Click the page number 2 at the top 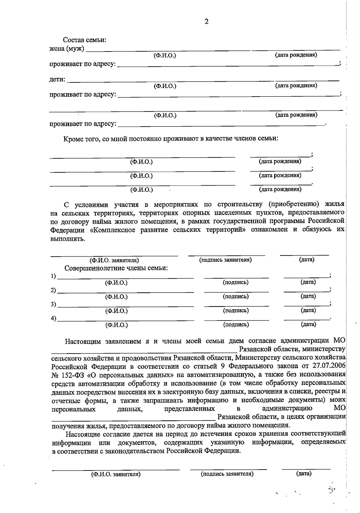(x=206, y=22)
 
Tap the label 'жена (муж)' (x=67, y=49)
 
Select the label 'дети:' (x=57, y=79)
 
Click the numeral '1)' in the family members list (x=53, y=276)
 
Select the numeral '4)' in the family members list (x=53, y=319)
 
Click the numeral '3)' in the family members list (x=53, y=304)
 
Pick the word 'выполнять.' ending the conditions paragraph (x=68, y=239)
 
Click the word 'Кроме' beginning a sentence (x=72, y=139)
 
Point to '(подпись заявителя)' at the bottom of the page (x=227, y=474)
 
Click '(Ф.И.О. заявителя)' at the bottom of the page (x=116, y=474)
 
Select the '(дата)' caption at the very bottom (x=304, y=473)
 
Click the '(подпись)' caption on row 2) (x=235, y=297)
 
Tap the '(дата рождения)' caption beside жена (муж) (x=296, y=55)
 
